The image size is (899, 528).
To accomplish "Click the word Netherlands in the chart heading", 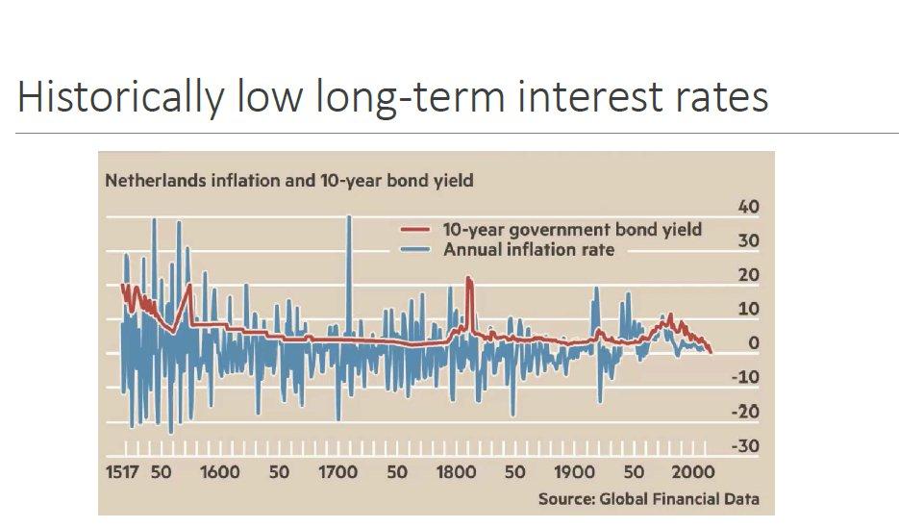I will point(153,180).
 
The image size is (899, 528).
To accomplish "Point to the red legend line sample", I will point(415,230).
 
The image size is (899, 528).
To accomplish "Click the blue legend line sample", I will point(415,250).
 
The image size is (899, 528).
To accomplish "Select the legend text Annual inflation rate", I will point(528,250).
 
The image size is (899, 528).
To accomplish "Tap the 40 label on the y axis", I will point(748,208).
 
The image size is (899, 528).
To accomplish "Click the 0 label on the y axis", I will point(753,343).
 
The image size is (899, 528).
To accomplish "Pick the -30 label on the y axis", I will point(746,446).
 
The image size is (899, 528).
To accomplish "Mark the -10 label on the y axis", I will point(746,377).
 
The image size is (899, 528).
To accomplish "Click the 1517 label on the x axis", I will point(123,472).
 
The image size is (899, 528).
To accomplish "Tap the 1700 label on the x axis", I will point(337,472).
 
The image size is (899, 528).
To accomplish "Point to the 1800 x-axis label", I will point(456,472).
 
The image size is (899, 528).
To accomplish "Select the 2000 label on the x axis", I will point(692,472).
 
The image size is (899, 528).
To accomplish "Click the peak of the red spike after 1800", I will point(469,278).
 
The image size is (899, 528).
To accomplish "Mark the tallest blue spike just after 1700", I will point(348,216).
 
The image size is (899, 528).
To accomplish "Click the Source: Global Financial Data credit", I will point(648,498).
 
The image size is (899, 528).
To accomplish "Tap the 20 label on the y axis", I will point(748,276).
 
